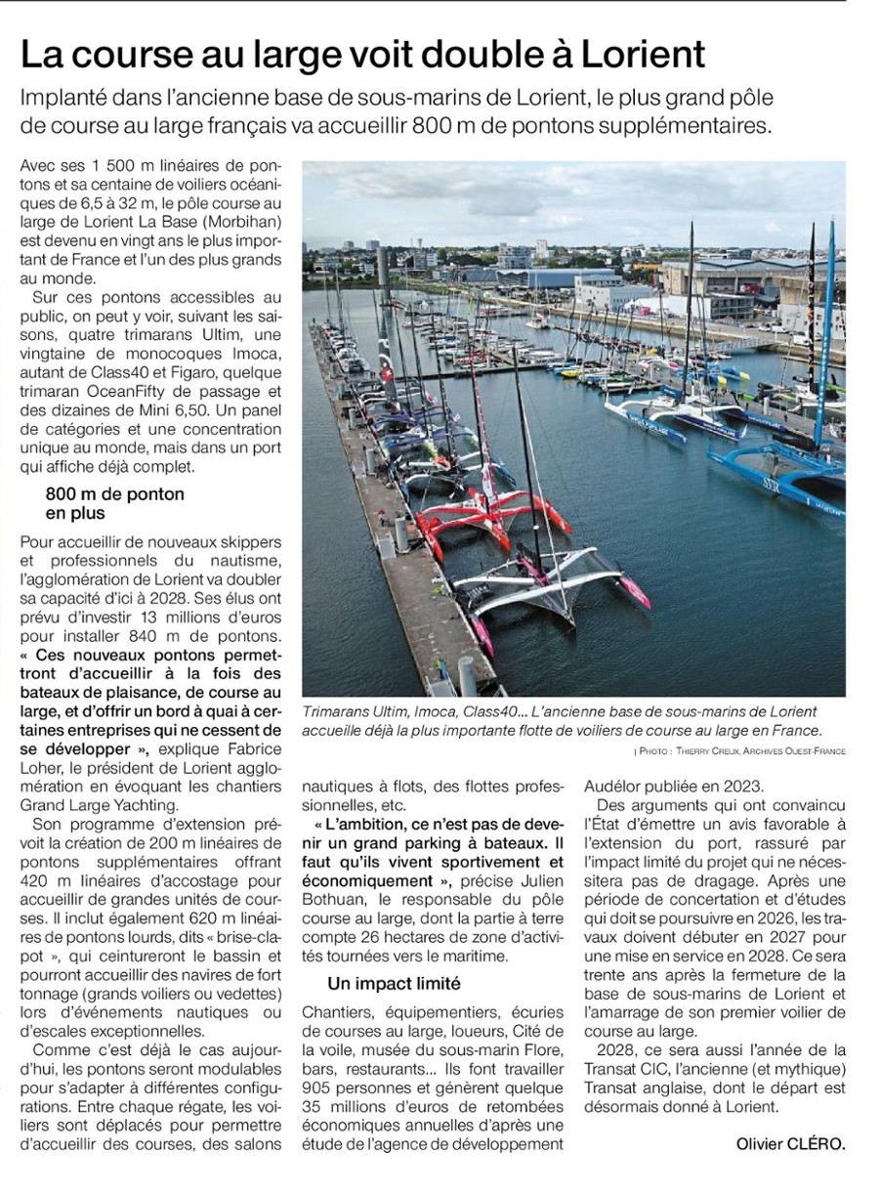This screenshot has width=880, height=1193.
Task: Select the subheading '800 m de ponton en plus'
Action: tap(115, 503)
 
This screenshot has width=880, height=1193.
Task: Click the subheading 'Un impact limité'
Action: tap(395, 983)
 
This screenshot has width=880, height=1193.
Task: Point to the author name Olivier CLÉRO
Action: tap(791, 1144)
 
